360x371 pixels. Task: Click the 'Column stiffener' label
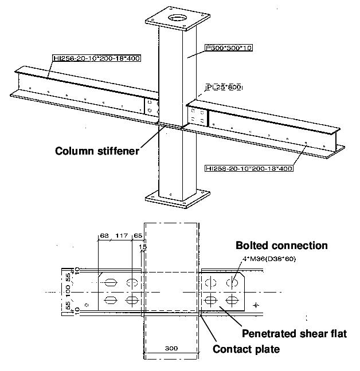[97, 152]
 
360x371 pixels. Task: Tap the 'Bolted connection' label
[281, 246]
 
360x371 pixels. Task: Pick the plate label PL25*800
[224, 87]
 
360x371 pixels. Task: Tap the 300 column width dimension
[171, 348]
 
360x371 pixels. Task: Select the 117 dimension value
[120, 235]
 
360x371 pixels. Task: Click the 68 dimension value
[104, 235]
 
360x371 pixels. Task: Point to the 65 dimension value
[138, 235]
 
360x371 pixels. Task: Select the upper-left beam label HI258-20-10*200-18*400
[96, 58]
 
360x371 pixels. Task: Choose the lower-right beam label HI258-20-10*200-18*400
[248, 168]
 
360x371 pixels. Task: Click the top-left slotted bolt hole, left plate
[109, 282]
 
